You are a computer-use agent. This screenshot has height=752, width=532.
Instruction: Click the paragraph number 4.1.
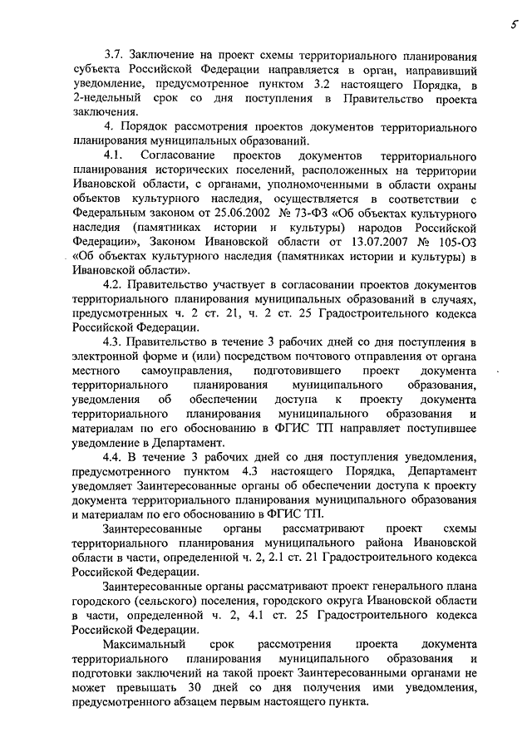tap(116, 157)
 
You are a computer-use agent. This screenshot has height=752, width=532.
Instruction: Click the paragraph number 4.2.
tap(116, 287)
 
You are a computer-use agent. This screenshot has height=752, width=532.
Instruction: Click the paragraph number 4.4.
tap(116, 458)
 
